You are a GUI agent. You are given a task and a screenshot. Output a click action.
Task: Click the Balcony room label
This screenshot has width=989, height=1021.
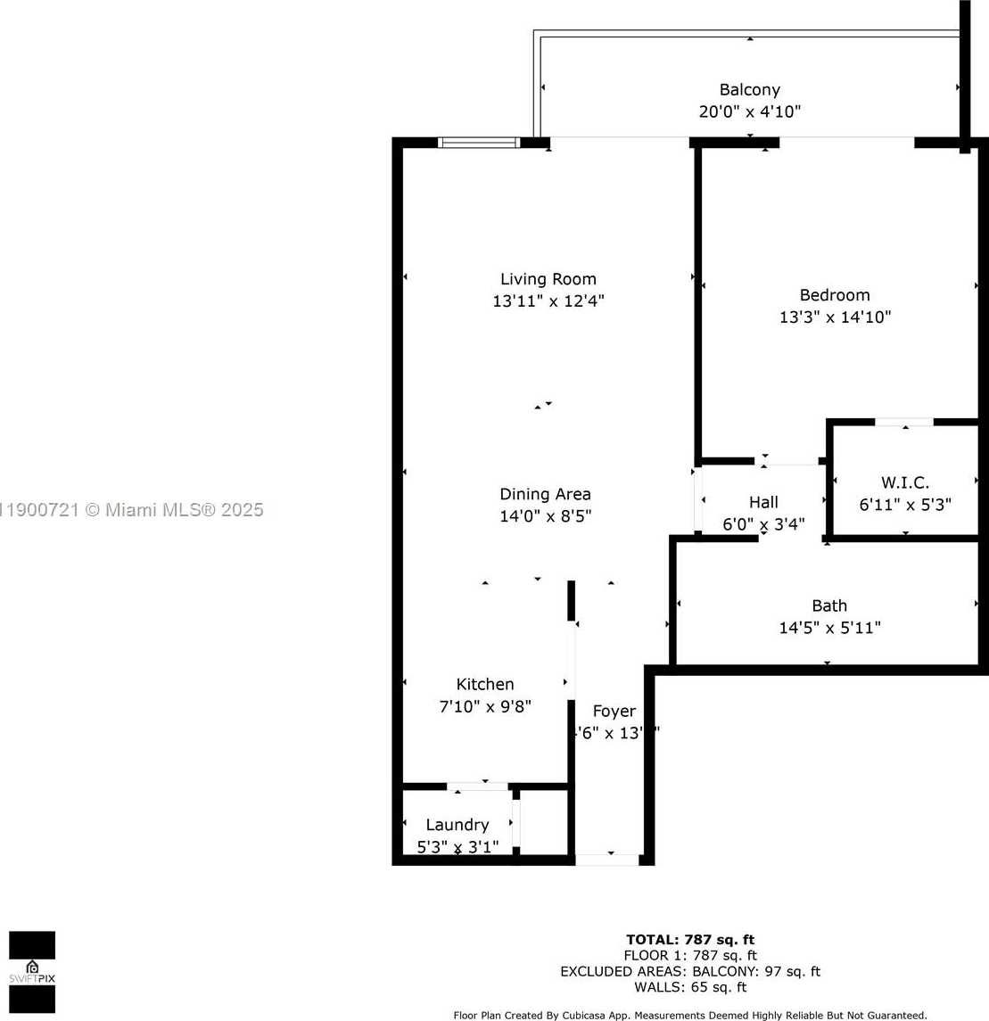(749, 90)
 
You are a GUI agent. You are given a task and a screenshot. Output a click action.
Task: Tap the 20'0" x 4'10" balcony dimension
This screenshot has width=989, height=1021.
(749, 112)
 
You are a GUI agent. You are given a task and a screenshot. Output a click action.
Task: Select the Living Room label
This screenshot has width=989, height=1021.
(548, 279)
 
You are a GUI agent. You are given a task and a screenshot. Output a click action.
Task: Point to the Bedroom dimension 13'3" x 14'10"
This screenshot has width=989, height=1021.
(835, 317)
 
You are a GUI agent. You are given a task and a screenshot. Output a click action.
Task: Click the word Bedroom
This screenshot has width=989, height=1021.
(835, 295)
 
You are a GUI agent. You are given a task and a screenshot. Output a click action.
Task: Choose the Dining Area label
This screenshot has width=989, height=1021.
(545, 494)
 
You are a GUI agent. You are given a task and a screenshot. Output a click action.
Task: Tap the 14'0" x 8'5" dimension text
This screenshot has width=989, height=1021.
(545, 516)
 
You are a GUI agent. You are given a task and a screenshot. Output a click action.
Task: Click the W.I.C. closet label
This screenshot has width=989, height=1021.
(904, 482)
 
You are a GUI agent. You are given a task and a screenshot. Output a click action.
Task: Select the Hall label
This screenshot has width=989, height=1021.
(763, 502)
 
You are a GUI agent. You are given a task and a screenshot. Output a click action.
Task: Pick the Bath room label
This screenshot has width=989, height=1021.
(829, 605)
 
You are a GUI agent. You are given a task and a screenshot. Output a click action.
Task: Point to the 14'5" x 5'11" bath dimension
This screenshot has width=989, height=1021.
(829, 628)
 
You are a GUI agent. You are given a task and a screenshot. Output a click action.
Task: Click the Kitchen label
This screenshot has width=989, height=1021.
(485, 684)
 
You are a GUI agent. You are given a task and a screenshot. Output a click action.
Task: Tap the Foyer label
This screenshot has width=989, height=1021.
(614, 711)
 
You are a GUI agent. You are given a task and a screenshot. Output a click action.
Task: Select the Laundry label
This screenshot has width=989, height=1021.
(457, 825)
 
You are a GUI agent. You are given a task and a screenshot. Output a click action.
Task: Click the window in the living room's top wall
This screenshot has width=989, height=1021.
(479, 142)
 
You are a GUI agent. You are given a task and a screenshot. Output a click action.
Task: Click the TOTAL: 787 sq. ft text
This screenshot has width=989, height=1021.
(690, 939)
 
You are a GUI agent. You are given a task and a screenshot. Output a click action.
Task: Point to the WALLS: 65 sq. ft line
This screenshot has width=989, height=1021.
(690, 987)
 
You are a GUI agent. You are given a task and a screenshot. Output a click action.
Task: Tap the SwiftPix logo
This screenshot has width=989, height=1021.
(32, 972)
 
